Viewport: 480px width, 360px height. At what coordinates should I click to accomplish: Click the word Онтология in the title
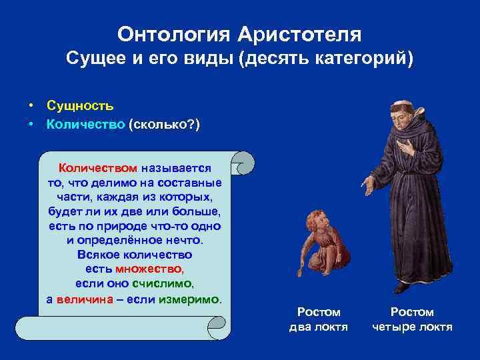pos(172,33)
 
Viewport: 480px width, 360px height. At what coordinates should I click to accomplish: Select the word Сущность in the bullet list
pos(80,106)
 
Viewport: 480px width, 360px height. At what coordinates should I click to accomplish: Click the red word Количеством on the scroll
pos(98,169)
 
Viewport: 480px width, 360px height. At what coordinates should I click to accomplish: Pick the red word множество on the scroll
pos(149,269)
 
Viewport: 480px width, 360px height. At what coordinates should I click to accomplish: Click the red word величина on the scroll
pos(83,299)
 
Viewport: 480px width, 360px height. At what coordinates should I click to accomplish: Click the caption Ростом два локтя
pos(318,319)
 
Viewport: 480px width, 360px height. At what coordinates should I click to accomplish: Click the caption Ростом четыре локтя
pos(411,319)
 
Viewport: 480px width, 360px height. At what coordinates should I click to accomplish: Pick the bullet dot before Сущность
pos(31,106)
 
